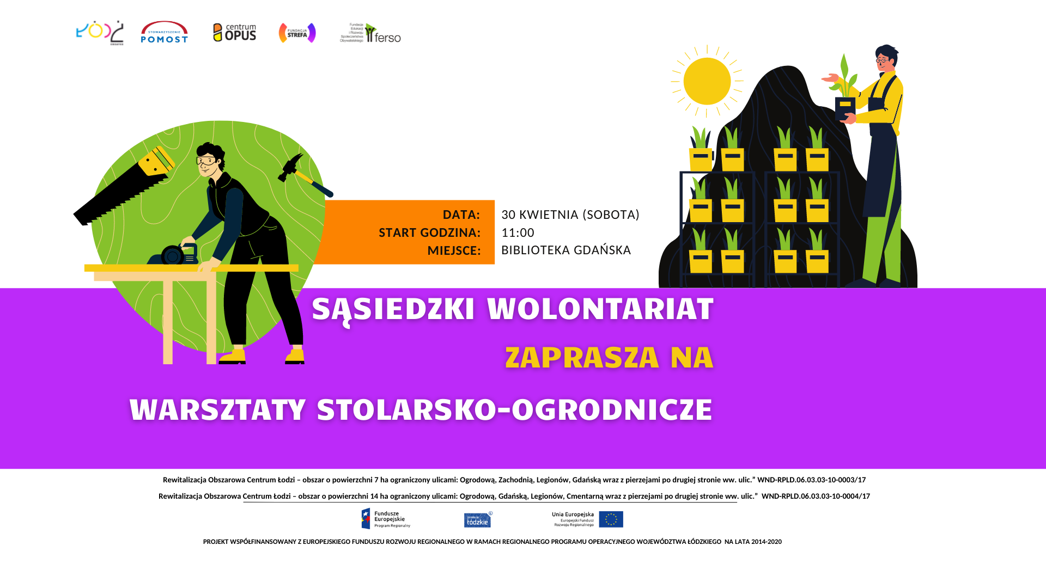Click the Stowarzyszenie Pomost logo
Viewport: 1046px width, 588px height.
(x=164, y=33)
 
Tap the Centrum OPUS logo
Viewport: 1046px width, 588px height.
(x=234, y=33)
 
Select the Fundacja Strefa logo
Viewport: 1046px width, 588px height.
(x=297, y=33)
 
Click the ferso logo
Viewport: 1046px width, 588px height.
(x=371, y=33)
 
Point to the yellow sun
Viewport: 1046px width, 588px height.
(x=707, y=81)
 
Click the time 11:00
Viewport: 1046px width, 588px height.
(x=518, y=232)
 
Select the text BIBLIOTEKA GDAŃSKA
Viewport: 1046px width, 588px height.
(x=565, y=250)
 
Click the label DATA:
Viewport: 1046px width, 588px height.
(x=461, y=215)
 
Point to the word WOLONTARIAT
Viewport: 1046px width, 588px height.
(x=600, y=309)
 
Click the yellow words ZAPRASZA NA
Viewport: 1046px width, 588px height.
(x=609, y=358)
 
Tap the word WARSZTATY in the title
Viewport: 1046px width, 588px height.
(x=217, y=410)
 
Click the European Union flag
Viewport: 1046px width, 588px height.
(x=611, y=519)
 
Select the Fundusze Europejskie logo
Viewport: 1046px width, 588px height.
(x=386, y=519)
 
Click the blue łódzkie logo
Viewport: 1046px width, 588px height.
(x=478, y=520)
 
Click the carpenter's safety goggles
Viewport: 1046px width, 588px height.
(x=206, y=161)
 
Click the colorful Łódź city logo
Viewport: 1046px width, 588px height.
(x=100, y=33)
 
